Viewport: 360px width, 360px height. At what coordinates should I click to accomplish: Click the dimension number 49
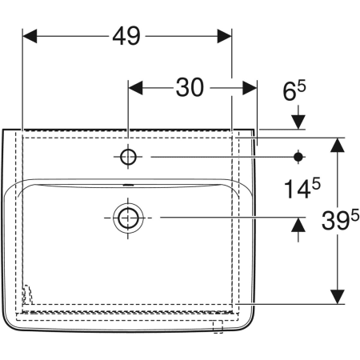click(x=126, y=35)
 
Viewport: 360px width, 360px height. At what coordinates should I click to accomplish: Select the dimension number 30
click(x=190, y=87)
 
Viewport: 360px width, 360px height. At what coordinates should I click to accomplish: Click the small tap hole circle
click(x=128, y=158)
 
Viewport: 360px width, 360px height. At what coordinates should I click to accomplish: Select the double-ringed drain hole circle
click(x=126, y=217)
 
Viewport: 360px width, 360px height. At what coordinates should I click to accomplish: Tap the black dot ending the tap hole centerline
click(x=298, y=158)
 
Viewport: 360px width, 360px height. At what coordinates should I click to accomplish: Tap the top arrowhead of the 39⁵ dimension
click(x=338, y=145)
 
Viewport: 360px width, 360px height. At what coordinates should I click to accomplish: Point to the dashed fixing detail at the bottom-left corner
click(x=29, y=295)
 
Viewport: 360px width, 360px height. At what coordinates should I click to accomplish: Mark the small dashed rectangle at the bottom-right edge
click(x=217, y=325)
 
